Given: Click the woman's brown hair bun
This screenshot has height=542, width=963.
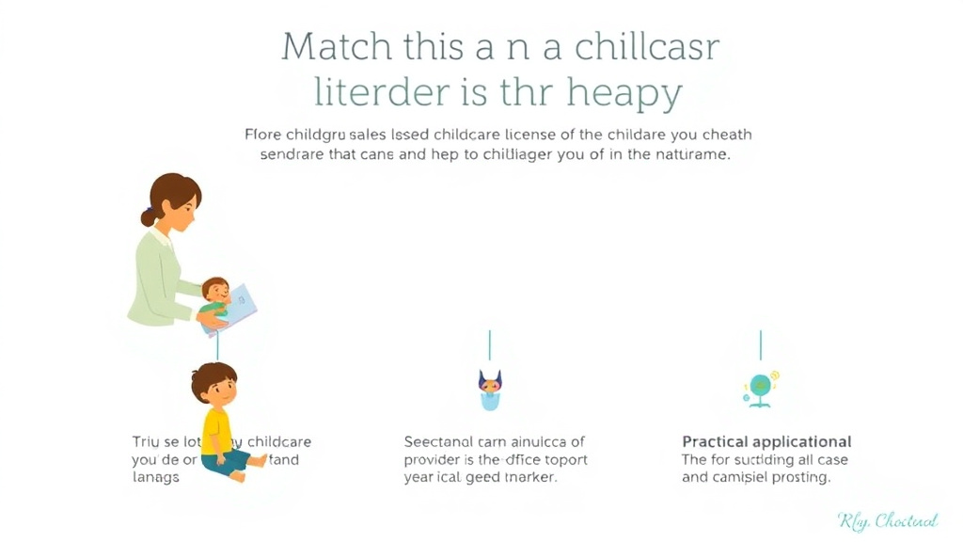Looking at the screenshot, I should coord(149,216).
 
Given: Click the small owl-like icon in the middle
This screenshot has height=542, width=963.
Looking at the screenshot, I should coord(490,389).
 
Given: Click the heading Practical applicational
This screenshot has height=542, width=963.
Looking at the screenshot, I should coord(766,441).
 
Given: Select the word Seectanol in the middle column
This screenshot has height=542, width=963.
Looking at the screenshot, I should coord(439,441).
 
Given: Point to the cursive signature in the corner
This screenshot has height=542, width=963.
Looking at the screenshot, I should coord(887,520).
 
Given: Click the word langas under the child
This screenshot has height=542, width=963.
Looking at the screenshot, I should coord(155,477).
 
